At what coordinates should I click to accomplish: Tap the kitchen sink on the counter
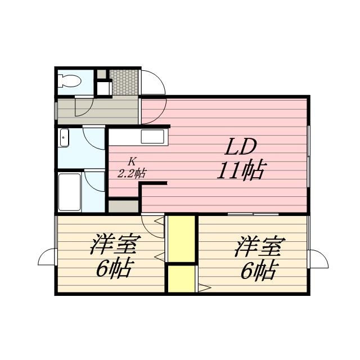point(152,137)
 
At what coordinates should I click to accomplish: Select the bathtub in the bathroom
point(69,191)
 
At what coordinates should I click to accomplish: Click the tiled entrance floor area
point(123,82)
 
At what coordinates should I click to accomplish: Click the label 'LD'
point(242,147)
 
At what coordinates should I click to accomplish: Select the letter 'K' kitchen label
point(130,161)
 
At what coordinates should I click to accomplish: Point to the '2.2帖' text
point(129,173)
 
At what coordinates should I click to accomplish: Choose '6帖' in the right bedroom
point(258,272)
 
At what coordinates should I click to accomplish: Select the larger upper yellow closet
point(182,238)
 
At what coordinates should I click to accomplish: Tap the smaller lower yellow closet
point(182,278)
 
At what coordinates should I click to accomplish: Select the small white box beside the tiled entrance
point(102,88)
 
